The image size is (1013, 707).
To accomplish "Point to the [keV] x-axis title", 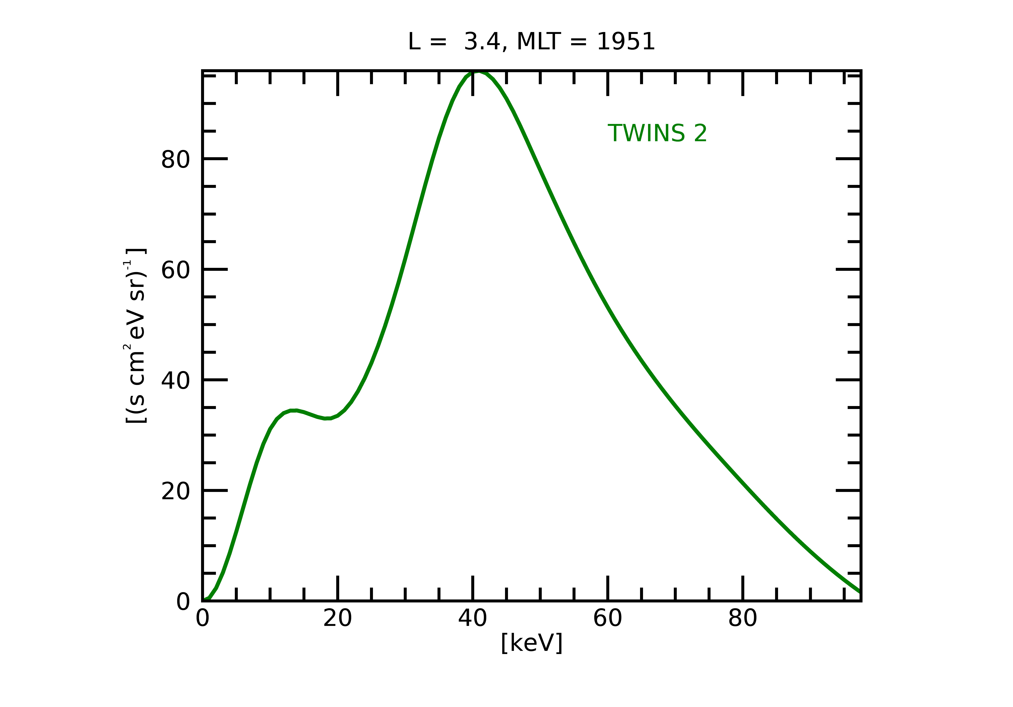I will point(532,643).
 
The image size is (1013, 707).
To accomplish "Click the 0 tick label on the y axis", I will point(183,602).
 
